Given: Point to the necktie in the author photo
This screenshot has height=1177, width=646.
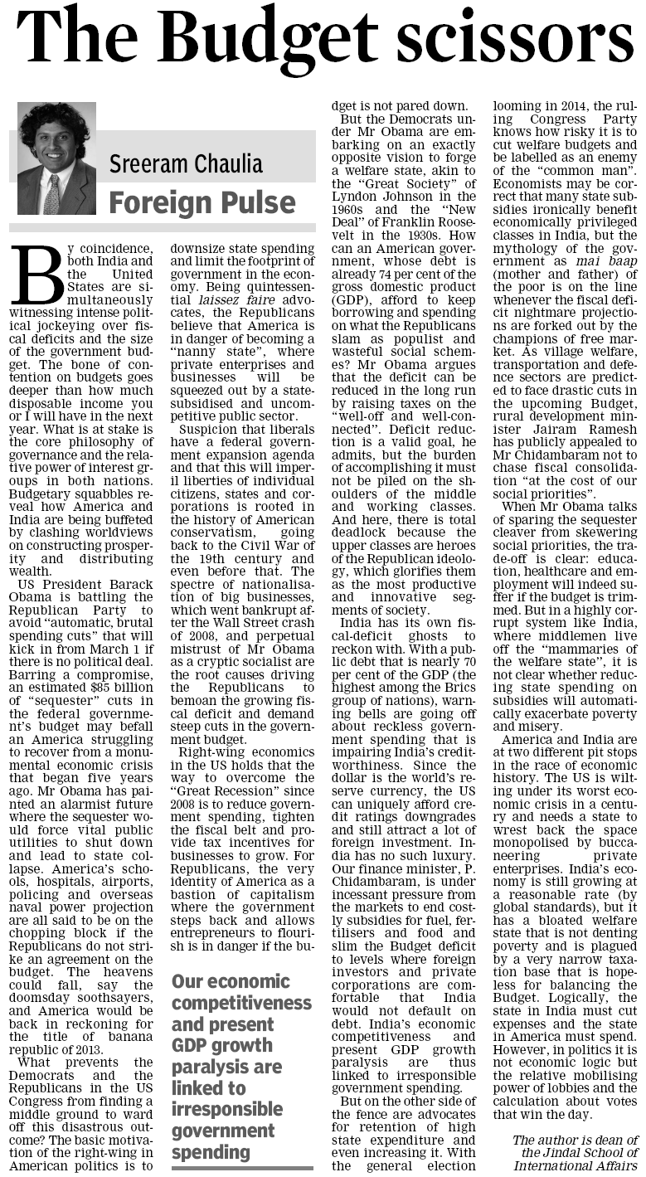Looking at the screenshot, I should [51, 195].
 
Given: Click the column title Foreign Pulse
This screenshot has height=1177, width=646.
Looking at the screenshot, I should [202, 202].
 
